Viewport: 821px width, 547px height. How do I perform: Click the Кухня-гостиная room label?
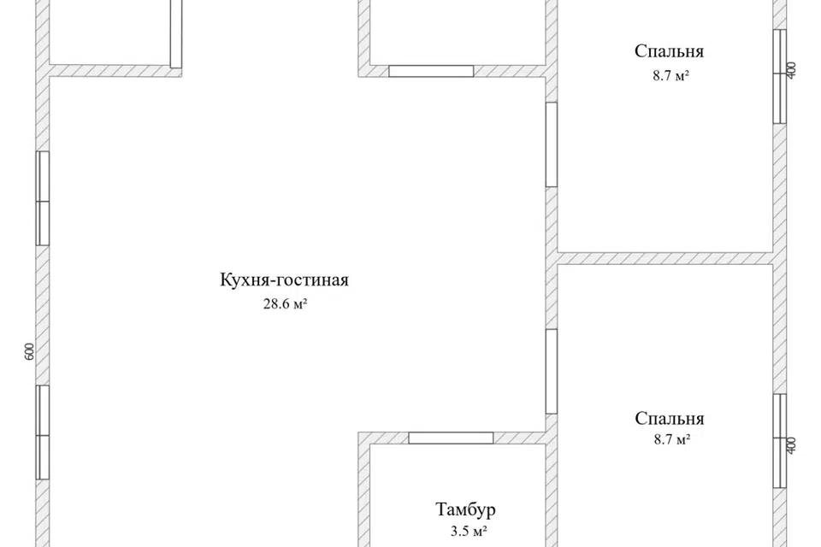[284, 280]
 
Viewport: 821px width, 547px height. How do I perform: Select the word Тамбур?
[465, 510]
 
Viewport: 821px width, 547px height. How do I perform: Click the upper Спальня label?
[670, 51]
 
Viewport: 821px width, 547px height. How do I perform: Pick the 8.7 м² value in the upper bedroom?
[671, 75]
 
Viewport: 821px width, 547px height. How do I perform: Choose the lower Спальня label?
[670, 419]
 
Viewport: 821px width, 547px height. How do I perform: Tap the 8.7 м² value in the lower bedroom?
[671, 441]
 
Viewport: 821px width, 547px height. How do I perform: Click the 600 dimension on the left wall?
[28, 351]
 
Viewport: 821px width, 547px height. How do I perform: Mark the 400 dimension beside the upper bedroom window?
[791, 71]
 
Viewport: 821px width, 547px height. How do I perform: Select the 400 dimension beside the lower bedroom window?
[791, 445]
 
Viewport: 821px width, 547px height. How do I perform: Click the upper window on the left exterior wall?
[43, 199]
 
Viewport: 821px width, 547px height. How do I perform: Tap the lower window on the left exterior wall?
[43, 432]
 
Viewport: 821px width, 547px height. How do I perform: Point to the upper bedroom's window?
[779, 76]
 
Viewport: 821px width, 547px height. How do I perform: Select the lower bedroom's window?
[779, 440]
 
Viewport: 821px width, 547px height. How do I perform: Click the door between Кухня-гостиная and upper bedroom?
[552, 144]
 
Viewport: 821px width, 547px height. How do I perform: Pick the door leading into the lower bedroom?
[552, 372]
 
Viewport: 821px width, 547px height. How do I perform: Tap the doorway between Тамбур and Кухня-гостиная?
[451, 438]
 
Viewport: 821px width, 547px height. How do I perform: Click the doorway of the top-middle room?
[431, 71]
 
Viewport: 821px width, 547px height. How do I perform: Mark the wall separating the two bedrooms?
[665, 258]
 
